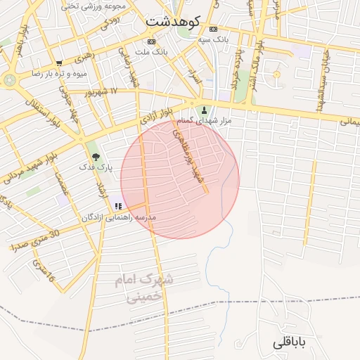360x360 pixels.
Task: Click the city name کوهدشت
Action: (x=174, y=21)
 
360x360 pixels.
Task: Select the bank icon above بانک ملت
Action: (x=153, y=41)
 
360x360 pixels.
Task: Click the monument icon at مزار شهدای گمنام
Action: (x=205, y=110)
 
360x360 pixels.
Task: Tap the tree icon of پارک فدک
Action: (x=96, y=157)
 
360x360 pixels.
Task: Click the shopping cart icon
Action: (x=59, y=63)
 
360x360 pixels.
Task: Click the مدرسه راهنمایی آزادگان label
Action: (x=119, y=217)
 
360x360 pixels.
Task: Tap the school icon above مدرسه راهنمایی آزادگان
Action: (x=118, y=206)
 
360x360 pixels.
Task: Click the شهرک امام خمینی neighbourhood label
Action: (x=145, y=288)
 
